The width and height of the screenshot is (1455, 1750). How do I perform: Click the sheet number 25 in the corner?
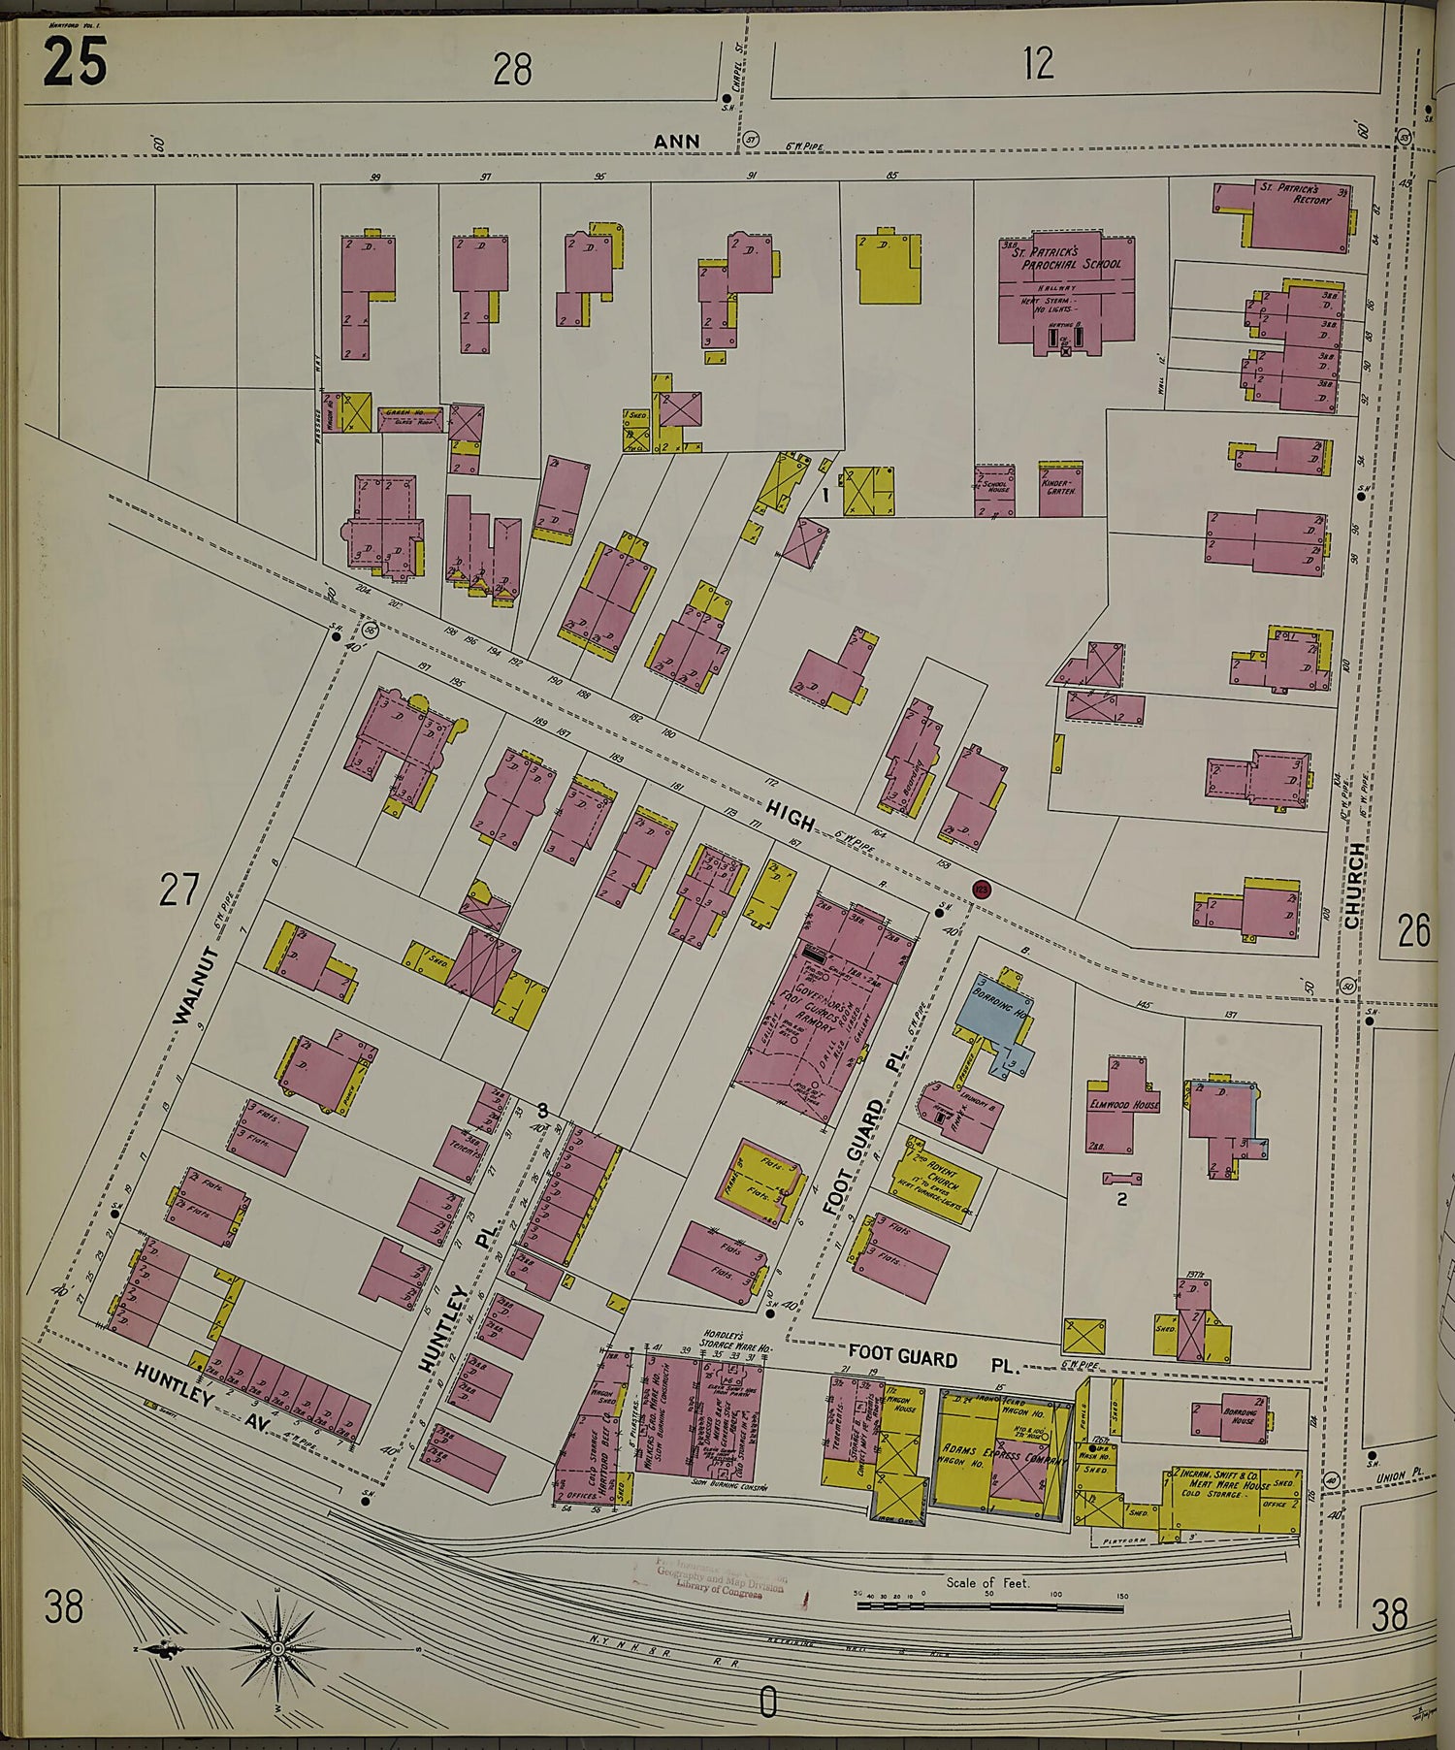[x=74, y=63]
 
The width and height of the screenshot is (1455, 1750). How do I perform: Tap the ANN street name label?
[x=677, y=142]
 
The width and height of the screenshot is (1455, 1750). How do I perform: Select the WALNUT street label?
[x=197, y=986]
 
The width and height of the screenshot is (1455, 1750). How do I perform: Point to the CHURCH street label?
[x=1355, y=886]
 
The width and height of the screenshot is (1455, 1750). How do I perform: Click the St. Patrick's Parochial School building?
[x=1066, y=290]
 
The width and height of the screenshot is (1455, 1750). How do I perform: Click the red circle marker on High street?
[x=982, y=888]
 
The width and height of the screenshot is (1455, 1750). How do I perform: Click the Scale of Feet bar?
[x=988, y=1606]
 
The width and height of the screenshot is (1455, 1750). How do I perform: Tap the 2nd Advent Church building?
[x=935, y=1181]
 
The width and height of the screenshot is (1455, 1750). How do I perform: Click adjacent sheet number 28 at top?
[x=512, y=70]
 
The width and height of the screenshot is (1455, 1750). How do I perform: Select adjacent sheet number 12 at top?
[x=1037, y=64]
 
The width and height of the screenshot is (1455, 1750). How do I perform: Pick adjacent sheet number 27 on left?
[x=178, y=890]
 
